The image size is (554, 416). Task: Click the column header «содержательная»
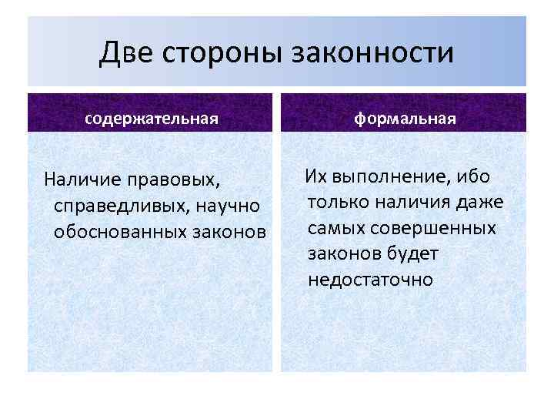coord(152,119)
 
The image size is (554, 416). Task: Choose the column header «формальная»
coord(405,119)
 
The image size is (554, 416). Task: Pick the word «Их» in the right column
coord(316,176)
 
